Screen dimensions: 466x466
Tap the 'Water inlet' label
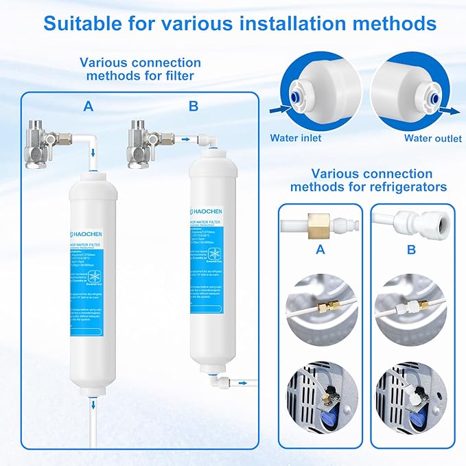tap(295, 138)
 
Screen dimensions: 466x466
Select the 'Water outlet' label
tap(432, 138)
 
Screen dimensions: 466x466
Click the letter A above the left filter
tap(89, 106)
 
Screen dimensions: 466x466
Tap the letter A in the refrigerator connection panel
tap(321, 250)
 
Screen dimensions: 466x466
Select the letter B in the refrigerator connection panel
tap(410, 250)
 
